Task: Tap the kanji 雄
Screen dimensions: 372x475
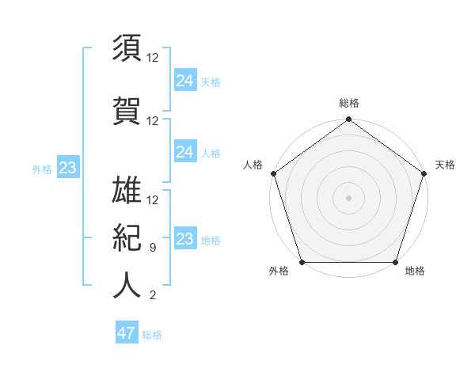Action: (127, 191)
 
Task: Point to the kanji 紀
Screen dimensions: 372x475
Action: (127, 237)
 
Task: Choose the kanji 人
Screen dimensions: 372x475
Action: (127, 285)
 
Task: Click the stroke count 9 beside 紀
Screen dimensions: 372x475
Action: (153, 248)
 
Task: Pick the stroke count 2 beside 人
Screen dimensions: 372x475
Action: (153, 296)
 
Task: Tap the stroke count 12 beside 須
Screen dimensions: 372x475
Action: (153, 58)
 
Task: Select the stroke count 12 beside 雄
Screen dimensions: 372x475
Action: (153, 200)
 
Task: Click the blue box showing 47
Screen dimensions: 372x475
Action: (127, 333)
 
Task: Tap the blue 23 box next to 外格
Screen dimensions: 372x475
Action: (67, 168)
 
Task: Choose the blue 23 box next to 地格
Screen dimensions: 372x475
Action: (184, 239)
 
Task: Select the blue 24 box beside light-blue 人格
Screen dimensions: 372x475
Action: (184, 152)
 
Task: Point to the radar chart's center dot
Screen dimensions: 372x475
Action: (348, 197)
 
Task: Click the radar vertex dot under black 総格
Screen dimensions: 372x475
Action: (348, 120)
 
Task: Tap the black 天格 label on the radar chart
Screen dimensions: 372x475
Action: (445, 165)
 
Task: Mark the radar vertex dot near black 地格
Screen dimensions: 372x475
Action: (395, 262)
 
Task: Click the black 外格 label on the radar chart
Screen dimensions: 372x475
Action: (279, 271)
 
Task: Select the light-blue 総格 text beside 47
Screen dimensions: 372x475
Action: (152, 335)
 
